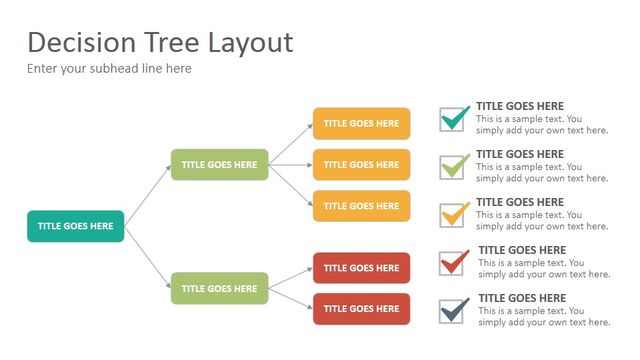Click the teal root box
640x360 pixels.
click(x=75, y=226)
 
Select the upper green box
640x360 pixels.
click(x=219, y=165)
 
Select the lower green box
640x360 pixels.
click(x=219, y=289)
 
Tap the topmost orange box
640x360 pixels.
click(x=361, y=124)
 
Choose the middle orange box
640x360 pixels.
click(x=361, y=165)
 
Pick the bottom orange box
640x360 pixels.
click(x=361, y=206)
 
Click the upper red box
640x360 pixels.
click(x=361, y=268)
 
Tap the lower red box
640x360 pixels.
click(x=361, y=309)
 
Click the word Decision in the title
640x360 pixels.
click(x=81, y=43)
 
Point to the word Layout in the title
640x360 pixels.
click(x=251, y=43)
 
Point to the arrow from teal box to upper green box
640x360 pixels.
click(x=147, y=195)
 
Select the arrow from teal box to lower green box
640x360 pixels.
click(x=147, y=257)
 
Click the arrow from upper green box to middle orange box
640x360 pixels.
click(x=291, y=165)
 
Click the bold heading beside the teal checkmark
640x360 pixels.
click(x=519, y=106)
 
